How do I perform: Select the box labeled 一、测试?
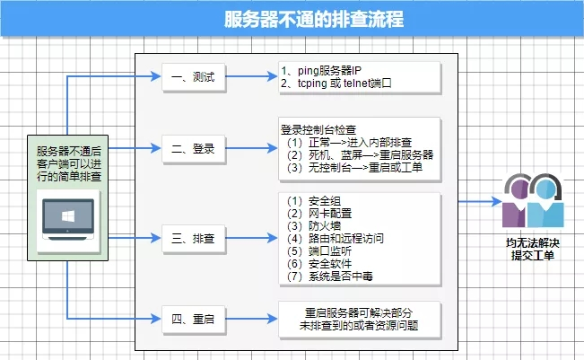(x=192, y=77)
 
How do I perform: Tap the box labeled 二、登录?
(x=192, y=148)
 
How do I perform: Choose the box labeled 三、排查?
(x=192, y=239)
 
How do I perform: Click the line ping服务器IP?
(x=323, y=70)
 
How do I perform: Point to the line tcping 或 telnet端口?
(x=336, y=83)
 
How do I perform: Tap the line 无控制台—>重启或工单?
(x=354, y=167)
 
